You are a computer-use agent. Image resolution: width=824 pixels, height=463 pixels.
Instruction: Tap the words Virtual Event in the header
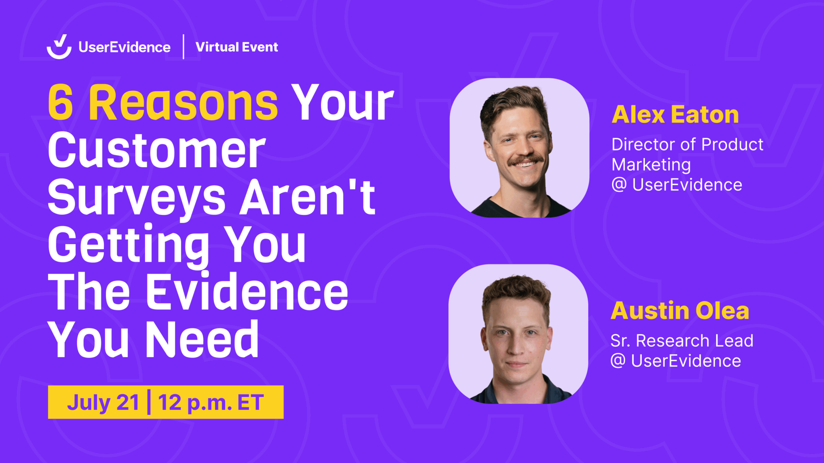point(237,47)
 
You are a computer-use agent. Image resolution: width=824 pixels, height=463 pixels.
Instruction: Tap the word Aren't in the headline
point(308,197)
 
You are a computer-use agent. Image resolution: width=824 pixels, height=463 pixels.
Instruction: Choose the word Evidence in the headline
point(247,291)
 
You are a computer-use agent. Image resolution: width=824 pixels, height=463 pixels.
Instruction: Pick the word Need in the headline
point(202,339)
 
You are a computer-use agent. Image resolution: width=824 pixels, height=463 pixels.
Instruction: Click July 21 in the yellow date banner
point(103,402)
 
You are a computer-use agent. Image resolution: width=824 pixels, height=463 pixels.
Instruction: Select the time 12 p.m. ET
point(211,403)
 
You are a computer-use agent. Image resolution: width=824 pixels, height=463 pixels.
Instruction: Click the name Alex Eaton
point(675,115)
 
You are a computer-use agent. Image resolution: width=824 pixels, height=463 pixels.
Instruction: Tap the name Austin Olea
point(680,310)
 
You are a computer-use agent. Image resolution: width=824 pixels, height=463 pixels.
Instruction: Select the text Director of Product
point(687,144)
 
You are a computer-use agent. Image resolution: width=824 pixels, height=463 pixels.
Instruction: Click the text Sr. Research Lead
point(682,341)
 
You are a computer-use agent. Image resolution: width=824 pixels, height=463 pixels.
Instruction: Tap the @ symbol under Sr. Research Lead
point(618,361)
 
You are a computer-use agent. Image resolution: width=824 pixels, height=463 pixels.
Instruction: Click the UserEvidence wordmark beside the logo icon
point(124,47)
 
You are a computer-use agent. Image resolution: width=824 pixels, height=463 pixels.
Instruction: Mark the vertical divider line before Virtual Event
point(183,47)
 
